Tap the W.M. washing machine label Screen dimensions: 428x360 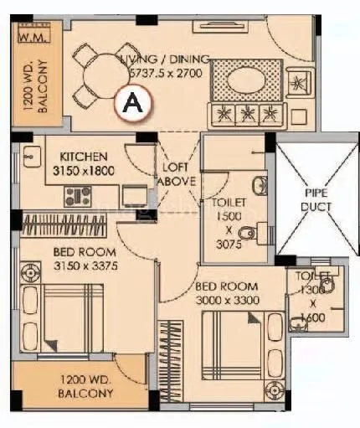33,36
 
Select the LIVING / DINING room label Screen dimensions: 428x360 164,60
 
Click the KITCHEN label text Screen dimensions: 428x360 83,157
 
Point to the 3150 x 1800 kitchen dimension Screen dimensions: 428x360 83,171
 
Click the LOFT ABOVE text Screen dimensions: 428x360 177,173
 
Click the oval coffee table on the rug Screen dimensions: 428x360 245,82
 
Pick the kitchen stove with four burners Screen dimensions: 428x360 78,197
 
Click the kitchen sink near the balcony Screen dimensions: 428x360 32,156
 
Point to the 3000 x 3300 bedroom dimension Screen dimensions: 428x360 228,299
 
